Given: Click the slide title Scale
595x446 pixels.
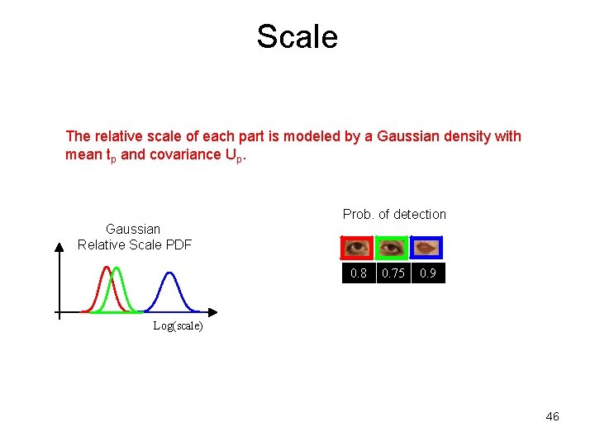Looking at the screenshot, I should (x=297, y=36).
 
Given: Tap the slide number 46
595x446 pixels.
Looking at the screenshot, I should (x=552, y=416).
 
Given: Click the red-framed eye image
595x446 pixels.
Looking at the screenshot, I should (x=358, y=248).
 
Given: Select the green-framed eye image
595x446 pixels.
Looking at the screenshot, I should (x=392, y=248).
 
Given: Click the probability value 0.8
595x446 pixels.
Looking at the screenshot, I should (x=359, y=273).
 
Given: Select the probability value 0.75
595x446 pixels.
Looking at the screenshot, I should (x=393, y=273).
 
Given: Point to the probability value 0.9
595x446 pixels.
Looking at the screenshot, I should (x=428, y=273).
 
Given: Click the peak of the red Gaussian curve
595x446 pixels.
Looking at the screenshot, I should (x=106, y=268).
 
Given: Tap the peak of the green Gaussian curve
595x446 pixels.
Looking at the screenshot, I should (x=117, y=268).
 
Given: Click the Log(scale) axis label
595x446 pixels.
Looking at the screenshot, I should (x=178, y=326).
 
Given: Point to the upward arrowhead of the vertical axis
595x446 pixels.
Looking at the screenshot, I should (x=59, y=245).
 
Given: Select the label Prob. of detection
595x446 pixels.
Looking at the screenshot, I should (x=394, y=215).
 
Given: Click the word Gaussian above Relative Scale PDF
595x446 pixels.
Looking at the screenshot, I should (x=133, y=229).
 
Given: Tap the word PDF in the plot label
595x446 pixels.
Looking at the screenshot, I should (x=178, y=244).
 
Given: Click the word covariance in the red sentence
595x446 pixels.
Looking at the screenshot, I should (x=167, y=154).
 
